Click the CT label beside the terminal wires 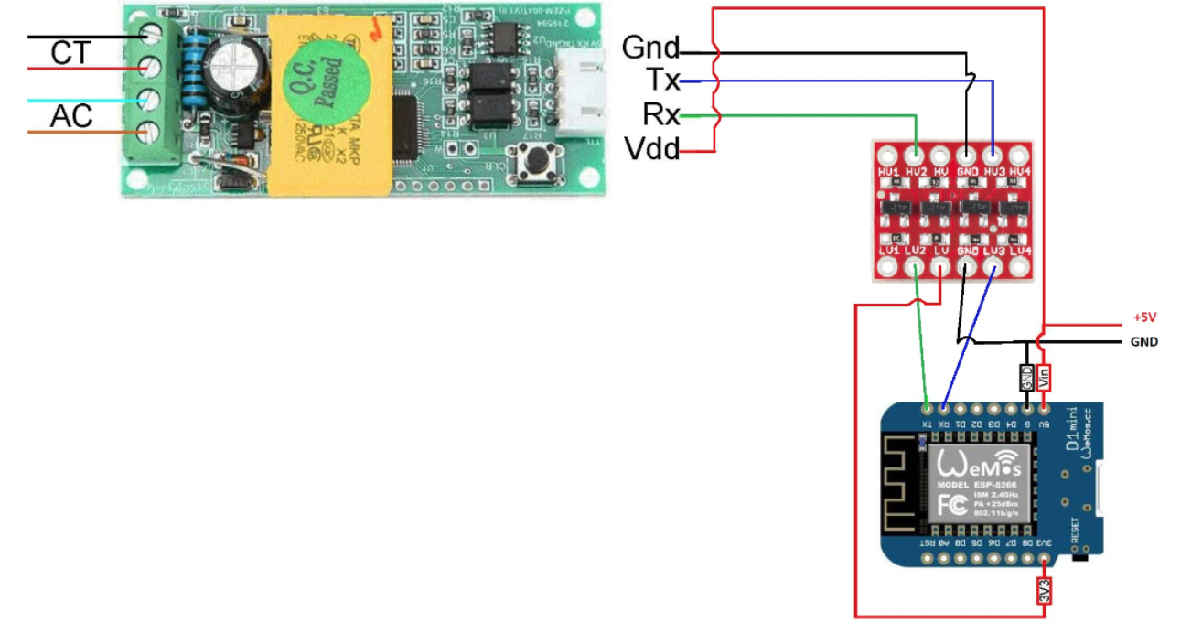pos(71,54)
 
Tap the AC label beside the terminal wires pos(71,117)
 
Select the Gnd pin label pos(650,48)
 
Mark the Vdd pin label pos(651,148)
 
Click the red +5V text pos(1145,318)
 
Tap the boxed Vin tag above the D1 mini pos(1045,377)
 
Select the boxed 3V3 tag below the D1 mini pos(1045,591)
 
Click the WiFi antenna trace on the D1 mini pos(906,485)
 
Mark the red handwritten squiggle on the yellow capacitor pos(374,31)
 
